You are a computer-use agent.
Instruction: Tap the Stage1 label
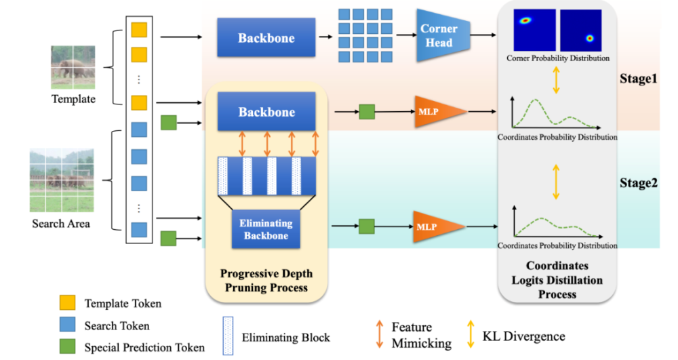pyautogui.click(x=638, y=79)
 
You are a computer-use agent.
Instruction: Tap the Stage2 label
pyautogui.click(x=638, y=182)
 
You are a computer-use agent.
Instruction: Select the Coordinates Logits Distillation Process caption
pyautogui.click(x=557, y=280)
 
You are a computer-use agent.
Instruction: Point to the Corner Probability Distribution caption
pyautogui.click(x=557, y=58)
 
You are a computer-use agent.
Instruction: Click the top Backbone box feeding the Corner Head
pyautogui.click(x=266, y=38)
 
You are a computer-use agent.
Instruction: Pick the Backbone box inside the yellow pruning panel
pyautogui.click(x=266, y=111)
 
